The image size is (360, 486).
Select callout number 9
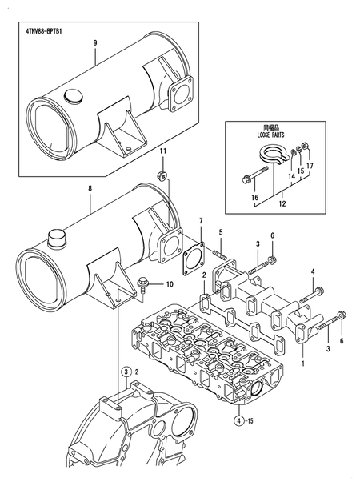[94, 42]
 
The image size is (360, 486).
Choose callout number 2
[205, 275]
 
